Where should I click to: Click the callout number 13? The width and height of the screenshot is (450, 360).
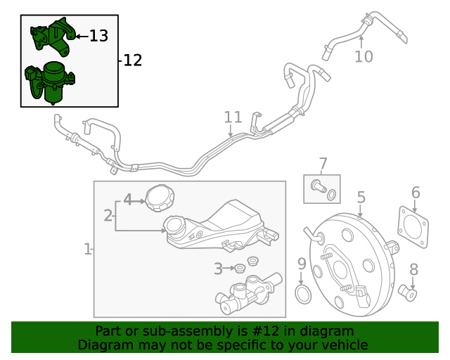pyautogui.click(x=99, y=35)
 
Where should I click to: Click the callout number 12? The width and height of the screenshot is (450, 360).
pyautogui.click(x=132, y=60)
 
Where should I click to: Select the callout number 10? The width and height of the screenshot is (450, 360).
pyautogui.click(x=364, y=56)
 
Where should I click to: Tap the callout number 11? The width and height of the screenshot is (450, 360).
pyautogui.click(x=233, y=117)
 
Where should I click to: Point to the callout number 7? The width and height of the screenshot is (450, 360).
pyautogui.click(x=323, y=165)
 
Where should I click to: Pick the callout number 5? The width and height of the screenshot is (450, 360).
pyautogui.click(x=361, y=198)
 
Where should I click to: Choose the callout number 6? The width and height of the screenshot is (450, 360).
pyautogui.click(x=416, y=192)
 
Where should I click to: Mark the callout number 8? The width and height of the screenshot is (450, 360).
pyautogui.click(x=413, y=269)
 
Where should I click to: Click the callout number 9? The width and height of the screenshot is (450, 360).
pyautogui.click(x=302, y=264)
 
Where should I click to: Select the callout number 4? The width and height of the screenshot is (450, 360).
pyautogui.click(x=127, y=199)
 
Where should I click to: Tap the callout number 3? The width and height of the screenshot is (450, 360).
pyautogui.click(x=219, y=268)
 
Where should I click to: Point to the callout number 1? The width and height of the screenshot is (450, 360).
pyautogui.click(x=88, y=249)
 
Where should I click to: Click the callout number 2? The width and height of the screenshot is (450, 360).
pyautogui.click(x=108, y=215)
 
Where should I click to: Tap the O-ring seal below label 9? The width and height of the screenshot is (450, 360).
pyautogui.click(x=302, y=295)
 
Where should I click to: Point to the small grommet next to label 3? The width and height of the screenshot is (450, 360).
pyautogui.click(x=239, y=268)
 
